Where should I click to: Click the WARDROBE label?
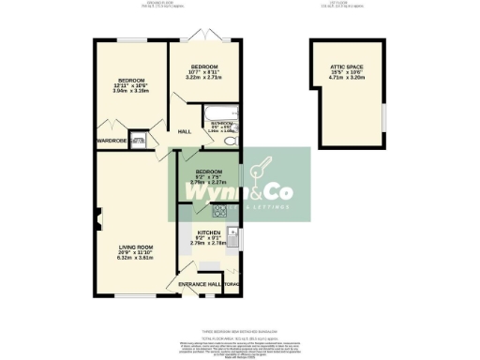coord(112,142)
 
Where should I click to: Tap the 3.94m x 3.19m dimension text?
coord(131,91)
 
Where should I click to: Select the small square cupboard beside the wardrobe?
coord(138,142)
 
